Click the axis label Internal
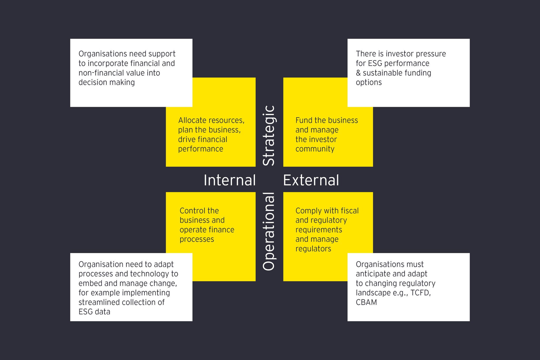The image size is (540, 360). click(x=230, y=180)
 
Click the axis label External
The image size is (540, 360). click(x=311, y=180)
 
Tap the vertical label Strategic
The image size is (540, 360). click(x=269, y=136)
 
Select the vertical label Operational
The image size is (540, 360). click(x=269, y=231)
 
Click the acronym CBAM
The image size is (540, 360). click(x=366, y=302)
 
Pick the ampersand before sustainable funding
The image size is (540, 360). click(x=358, y=73)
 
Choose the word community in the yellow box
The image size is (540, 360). click(x=315, y=149)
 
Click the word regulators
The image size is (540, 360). click(x=313, y=249)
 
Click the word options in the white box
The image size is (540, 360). click(x=369, y=83)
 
